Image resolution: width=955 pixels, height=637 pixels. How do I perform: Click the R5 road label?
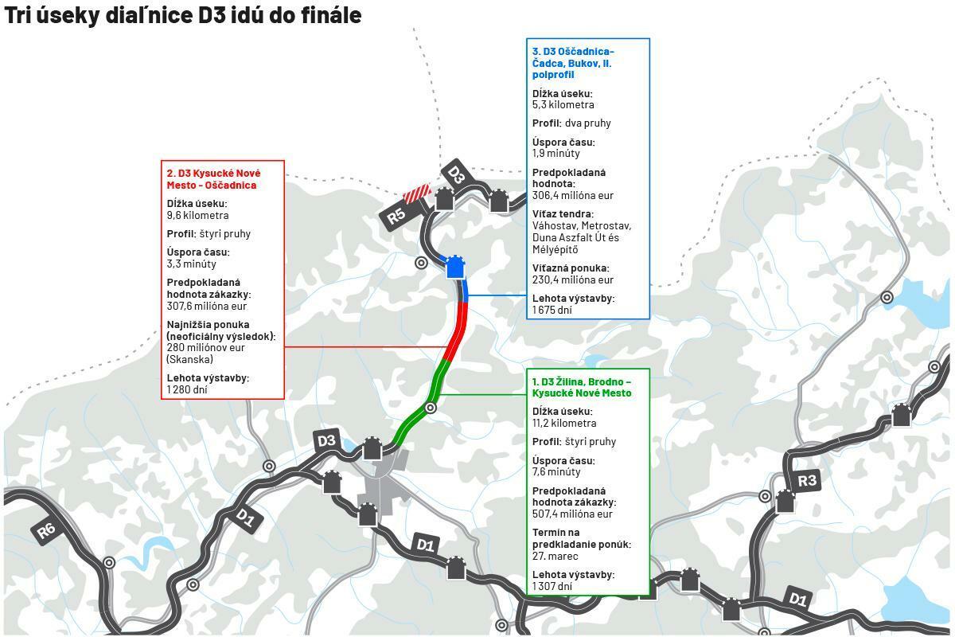coord(397,216)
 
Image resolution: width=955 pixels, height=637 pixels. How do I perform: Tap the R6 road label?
coord(47,532)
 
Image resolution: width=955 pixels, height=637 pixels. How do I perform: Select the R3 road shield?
coord(807,480)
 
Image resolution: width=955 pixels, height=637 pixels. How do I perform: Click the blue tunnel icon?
coord(454,267)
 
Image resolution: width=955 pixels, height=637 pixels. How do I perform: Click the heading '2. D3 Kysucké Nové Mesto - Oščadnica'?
coord(213,179)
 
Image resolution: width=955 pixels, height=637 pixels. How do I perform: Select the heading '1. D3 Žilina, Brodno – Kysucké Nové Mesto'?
coord(582,387)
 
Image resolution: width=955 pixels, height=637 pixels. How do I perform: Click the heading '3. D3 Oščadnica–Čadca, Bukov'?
coord(573,63)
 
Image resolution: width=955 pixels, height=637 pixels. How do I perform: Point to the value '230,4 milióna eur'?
coord(573,279)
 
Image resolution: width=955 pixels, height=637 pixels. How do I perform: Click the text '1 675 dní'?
coord(552,310)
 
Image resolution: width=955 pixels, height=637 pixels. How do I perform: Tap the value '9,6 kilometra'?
coord(197,215)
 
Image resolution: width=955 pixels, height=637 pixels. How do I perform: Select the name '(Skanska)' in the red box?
coord(189,359)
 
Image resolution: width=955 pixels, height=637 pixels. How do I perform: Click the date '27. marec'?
coord(555,556)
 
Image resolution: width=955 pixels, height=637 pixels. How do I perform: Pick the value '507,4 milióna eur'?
coord(572,514)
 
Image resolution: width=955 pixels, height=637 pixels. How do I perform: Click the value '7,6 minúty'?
coord(556,471)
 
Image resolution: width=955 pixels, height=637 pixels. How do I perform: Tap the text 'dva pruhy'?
coord(588,123)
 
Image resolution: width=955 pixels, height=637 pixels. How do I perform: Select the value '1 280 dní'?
coord(187,389)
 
